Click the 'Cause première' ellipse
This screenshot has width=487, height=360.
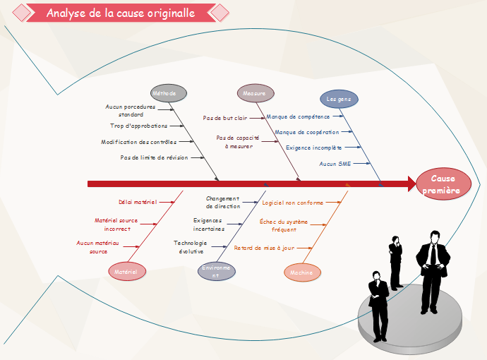443,184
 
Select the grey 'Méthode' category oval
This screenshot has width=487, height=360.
169,93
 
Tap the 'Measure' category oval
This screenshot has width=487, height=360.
254,93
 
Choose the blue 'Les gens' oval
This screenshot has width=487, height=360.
339,99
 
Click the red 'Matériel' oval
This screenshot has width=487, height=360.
127,270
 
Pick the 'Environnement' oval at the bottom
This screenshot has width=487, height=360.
216,272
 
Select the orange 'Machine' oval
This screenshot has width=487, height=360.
301,272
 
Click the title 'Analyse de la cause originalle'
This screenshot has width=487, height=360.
121,13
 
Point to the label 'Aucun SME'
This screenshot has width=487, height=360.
334,164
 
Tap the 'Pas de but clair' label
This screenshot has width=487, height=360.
225,118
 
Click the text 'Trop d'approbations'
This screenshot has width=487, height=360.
139,126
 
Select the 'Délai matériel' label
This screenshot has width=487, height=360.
138,202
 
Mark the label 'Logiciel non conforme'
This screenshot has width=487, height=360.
293,203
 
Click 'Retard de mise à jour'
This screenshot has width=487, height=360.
264,248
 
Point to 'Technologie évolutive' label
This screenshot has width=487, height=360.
191,247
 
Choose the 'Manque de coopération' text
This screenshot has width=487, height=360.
306,132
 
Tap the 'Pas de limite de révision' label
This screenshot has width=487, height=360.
154,157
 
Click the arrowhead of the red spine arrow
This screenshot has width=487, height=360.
412,184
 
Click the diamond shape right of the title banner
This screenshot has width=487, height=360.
220,13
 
